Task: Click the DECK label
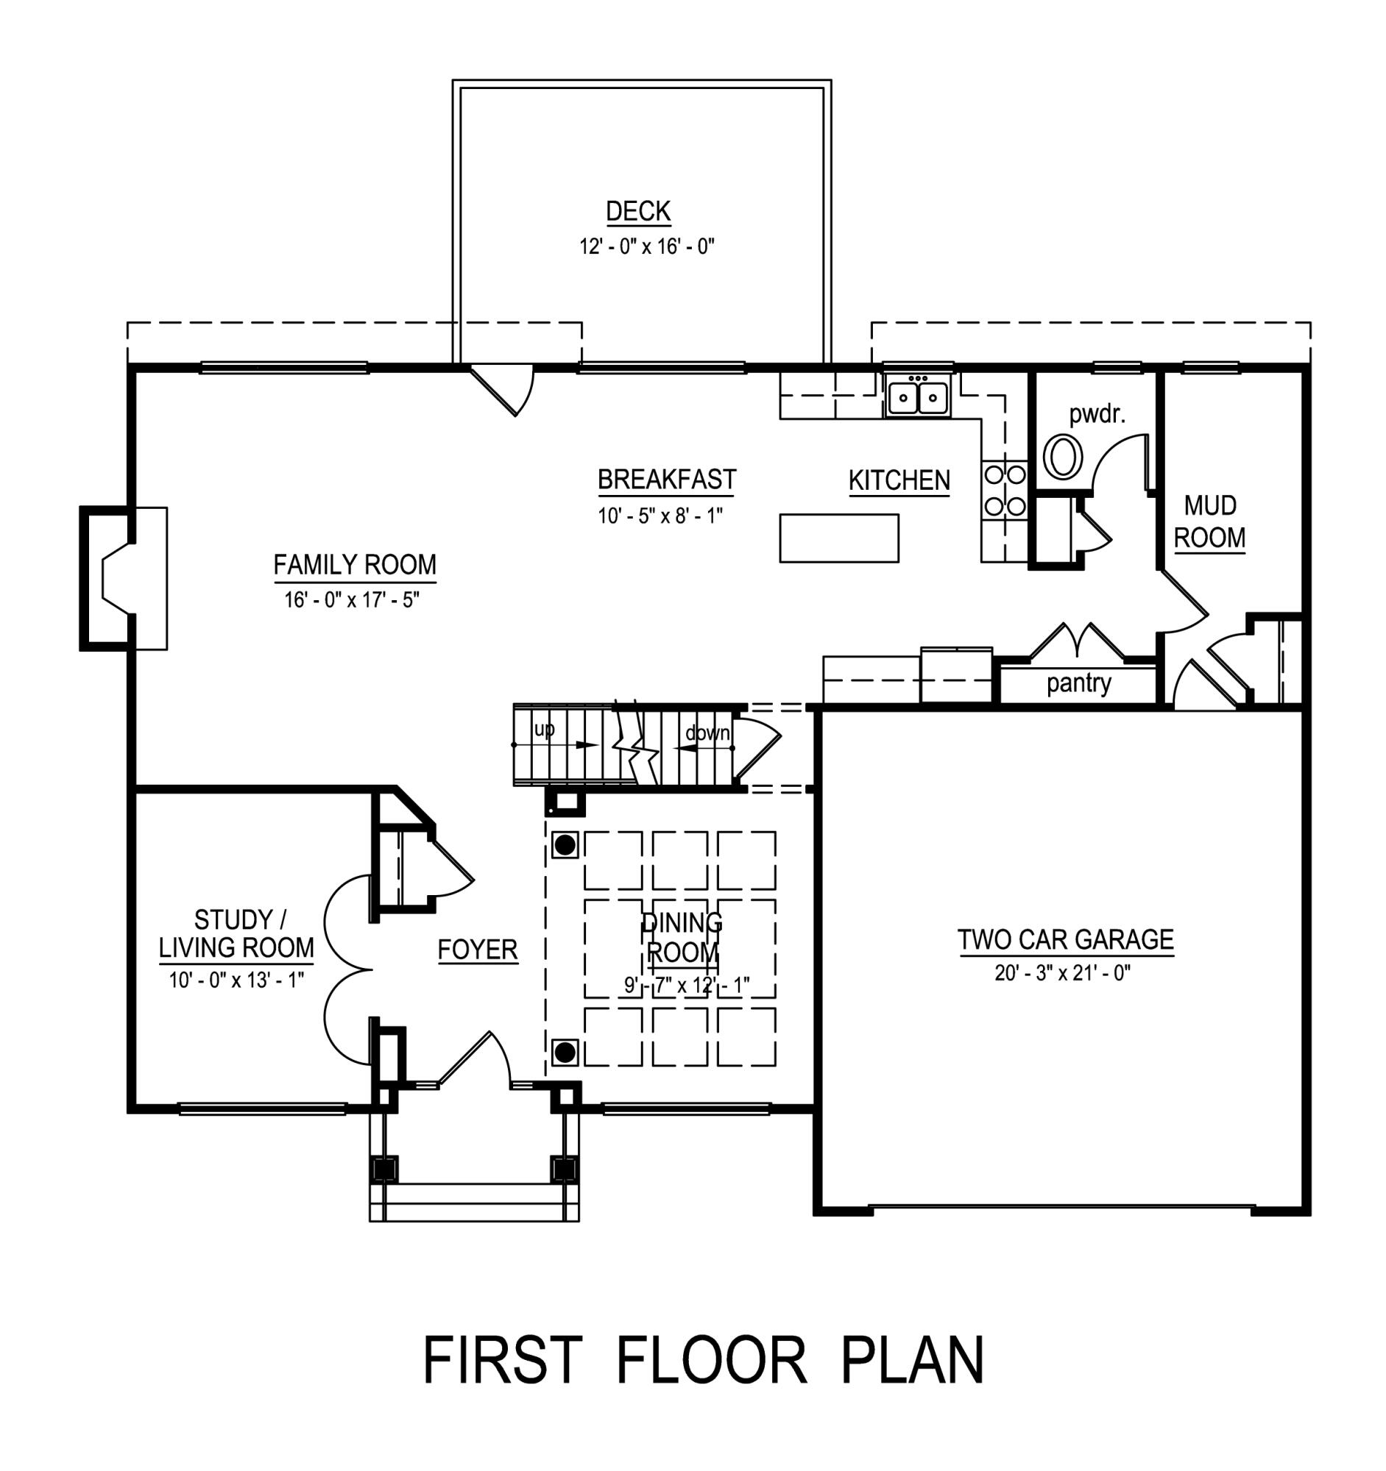637,212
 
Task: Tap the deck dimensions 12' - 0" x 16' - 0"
646,246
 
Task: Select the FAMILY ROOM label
355,565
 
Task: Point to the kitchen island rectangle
838,538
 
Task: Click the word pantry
1078,683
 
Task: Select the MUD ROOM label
1209,521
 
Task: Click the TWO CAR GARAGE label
1065,940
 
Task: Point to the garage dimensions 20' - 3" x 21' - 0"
1061,972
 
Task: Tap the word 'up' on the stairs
544,730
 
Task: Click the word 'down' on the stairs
707,733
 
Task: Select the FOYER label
478,950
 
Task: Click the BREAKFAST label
666,480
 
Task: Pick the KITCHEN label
899,481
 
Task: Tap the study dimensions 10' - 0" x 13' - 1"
236,980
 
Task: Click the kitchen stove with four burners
1004,490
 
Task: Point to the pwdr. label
1097,414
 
